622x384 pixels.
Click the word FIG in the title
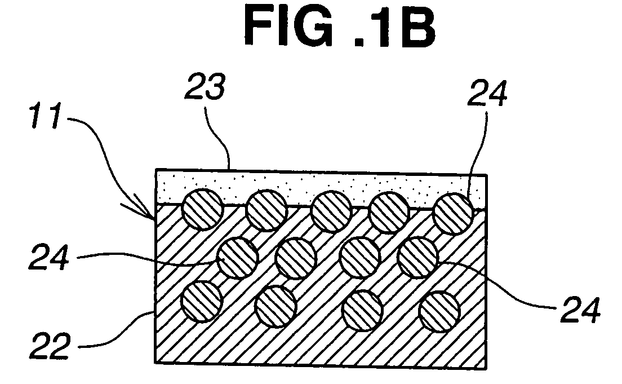coord(289,27)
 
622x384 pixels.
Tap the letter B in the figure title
coord(416,28)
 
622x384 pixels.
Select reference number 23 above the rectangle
coord(205,87)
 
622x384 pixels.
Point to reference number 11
coord(47,116)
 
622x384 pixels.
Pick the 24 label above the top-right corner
coord(487,93)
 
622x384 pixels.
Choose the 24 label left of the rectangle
coord(49,258)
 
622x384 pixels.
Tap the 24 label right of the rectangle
coord(580,310)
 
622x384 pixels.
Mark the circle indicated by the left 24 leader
coord(238,257)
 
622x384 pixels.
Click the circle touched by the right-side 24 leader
coord(417,257)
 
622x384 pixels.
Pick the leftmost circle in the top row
coord(202,209)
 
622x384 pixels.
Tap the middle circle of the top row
coord(331,211)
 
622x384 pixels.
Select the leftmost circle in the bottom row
coord(201,301)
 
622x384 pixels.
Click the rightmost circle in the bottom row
coord(439,311)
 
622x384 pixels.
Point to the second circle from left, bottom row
coord(276,307)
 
